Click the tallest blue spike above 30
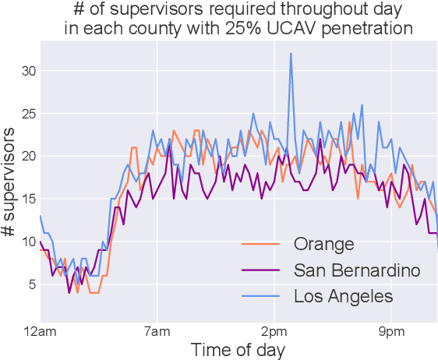(291, 55)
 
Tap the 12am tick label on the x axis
(40, 332)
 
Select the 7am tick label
(157, 332)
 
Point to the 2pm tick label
(274, 332)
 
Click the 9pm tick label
(390, 332)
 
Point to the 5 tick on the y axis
(30, 284)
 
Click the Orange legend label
(323, 244)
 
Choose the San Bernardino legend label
(357, 270)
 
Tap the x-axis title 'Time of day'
(238, 349)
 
